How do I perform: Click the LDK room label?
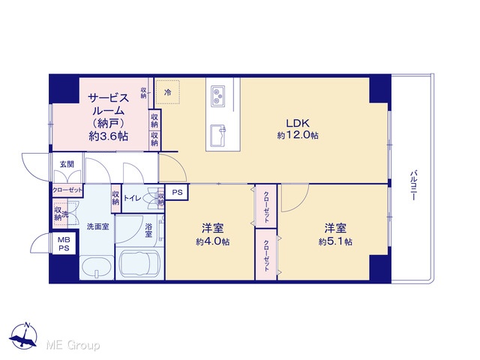click(x=298, y=123)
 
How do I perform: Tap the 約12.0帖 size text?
click(x=298, y=135)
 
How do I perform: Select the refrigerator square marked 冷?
click(x=167, y=92)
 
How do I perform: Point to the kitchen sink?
click(x=218, y=135)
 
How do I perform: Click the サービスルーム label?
click(x=108, y=104)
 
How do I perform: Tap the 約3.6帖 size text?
click(x=108, y=136)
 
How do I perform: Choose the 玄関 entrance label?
click(x=67, y=164)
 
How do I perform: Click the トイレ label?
click(x=132, y=198)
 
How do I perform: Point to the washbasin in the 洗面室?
click(x=96, y=267)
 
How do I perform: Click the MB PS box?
click(x=64, y=244)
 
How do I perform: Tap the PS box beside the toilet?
click(x=177, y=192)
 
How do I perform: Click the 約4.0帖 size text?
click(x=213, y=241)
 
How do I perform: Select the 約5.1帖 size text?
click(x=335, y=241)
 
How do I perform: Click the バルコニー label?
click(x=413, y=185)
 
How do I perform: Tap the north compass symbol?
click(x=23, y=336)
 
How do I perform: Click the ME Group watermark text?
click(x=73, y=346)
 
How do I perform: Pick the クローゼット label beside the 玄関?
click(x=67, y=190)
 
